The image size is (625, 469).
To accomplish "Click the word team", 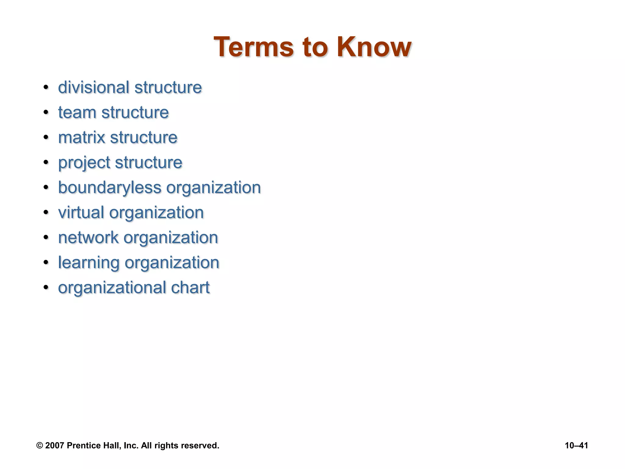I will pos(77,113).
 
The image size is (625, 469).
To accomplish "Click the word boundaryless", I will pos(110,188).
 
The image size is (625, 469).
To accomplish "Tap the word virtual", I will pos(81,213).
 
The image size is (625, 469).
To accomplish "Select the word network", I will pos(88,238).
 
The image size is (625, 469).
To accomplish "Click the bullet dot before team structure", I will pos(46,112).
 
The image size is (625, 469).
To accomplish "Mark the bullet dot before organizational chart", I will pos(46,288).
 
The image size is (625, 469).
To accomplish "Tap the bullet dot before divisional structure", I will pos(46,87).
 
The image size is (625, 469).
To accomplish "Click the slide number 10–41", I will pos(576,446).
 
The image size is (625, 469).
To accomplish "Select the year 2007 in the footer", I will pos(55,446).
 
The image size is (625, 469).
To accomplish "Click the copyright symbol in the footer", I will pos(40,446).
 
